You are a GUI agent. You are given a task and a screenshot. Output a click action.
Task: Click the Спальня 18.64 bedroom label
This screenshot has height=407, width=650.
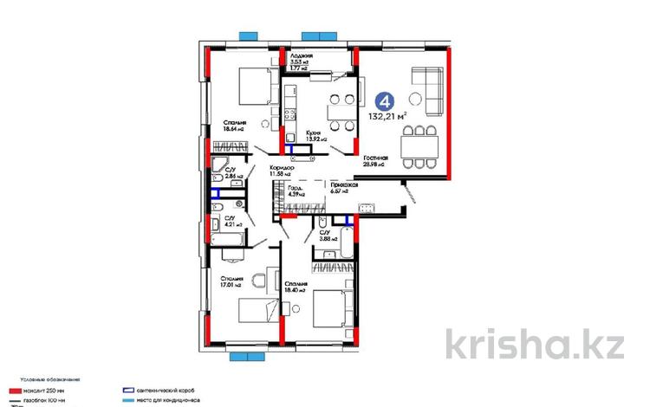pyautogui.click(x=233, y=127)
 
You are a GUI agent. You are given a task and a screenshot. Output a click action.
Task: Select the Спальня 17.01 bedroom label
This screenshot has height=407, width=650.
pyautogui.click(x=231, y=282)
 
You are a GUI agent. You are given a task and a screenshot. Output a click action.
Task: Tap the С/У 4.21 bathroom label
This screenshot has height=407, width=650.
pyautogui.click(x=233, y=221)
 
